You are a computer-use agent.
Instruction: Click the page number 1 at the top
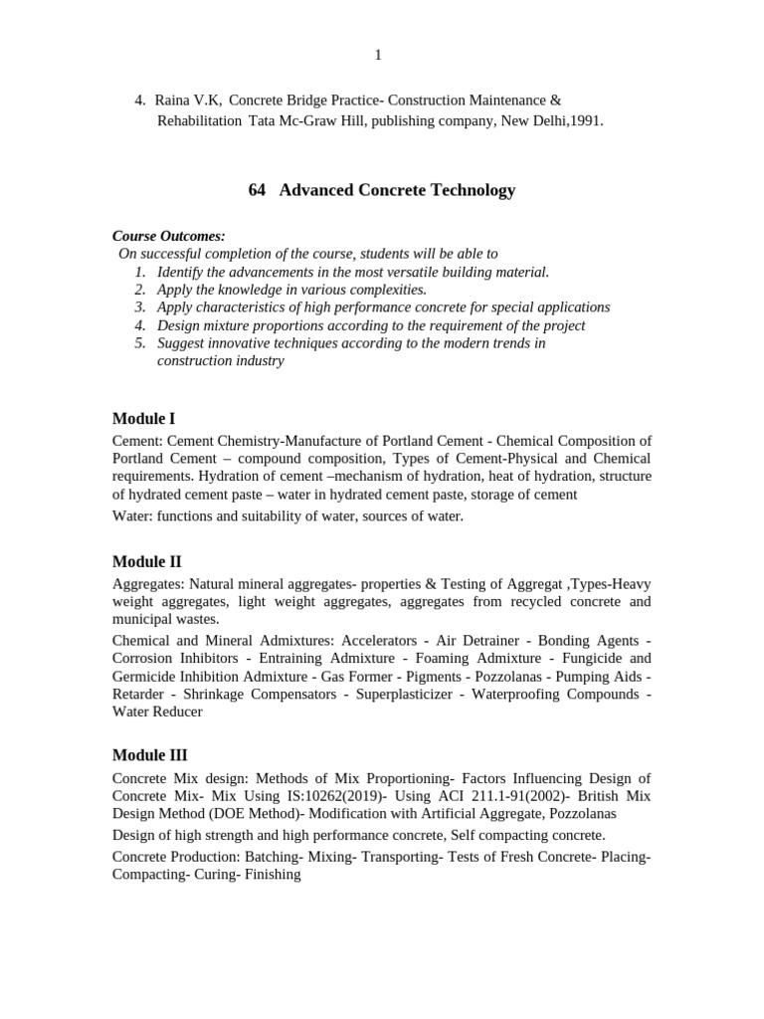pyautogui.click(x=378, y=55)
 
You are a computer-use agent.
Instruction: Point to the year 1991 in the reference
pyautogui.click(x=584, y=120)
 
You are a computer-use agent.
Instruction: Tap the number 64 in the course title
pyautogui.click(x=257, y=190)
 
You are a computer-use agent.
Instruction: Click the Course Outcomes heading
pyautogui.click(x=168, y=236)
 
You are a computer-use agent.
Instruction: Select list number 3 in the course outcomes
pyautogui.click(x=140, y=307)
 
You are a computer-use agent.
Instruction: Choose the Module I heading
pyautogui.click(x=143, y=419)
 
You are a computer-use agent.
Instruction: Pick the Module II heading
pyautogui.click(x=146, y=561)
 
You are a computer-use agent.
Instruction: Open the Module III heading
pyautogui.click(x=149, y=755)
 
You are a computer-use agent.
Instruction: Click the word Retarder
pyautogui.click(x=138, y=694)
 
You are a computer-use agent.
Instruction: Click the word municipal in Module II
pyautogui.click(x=143, y=619)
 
